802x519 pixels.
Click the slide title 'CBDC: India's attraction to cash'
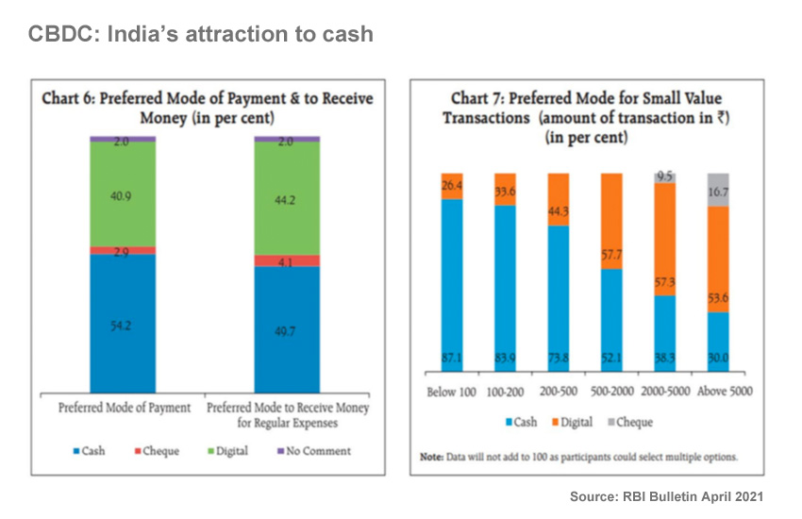click(x=200, y=35)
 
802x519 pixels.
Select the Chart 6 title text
click(x=207, y=108)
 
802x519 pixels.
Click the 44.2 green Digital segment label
click(x=287, y=199)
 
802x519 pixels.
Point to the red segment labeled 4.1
click(x=287, y=261)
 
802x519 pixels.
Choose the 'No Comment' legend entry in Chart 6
click(x=311, y=451)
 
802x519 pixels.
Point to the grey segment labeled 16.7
click(x=719, y=190)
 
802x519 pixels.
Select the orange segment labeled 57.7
click(x=612, y=226)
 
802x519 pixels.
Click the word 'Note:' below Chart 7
click(x=436, y=457)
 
